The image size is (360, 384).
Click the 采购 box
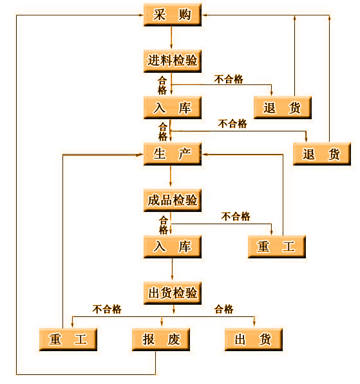pos(173,15)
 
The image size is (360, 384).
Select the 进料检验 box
pos(173,61)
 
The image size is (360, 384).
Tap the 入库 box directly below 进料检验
pos(173,108)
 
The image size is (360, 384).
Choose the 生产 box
pos(173,154)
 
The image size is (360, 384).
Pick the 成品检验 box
pos(173,200)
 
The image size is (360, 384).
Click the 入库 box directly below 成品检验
pos(173,247)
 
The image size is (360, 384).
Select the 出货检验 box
pos(173,293)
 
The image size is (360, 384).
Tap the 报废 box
pos(161,340)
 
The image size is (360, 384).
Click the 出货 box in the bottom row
pos(254,340)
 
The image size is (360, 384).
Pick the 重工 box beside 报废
pos(68,340)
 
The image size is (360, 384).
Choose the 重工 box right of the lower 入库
pos(277,247)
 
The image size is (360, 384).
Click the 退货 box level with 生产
pos(322,154)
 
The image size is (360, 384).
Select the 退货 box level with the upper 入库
pos(283,108)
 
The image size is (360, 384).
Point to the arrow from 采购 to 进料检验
pos(171,37)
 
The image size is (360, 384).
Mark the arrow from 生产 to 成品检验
pos(171,176)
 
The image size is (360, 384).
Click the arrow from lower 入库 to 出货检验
pos(172,269)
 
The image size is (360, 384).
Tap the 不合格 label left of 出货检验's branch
pos(107,309)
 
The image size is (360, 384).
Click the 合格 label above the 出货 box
pos(223,309)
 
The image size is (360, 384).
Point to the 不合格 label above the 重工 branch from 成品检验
pos(236,216)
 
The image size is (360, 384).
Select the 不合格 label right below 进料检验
pos(229,79)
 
